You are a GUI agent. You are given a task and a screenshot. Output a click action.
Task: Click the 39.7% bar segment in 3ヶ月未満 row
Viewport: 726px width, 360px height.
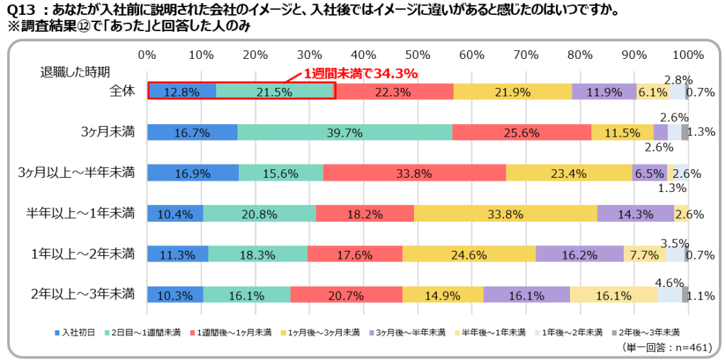pos(345,132)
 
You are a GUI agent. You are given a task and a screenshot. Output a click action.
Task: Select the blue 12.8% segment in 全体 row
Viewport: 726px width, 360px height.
pos(181,91)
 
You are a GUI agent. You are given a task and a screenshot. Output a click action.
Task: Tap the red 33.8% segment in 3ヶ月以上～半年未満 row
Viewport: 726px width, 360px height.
pos(414,173)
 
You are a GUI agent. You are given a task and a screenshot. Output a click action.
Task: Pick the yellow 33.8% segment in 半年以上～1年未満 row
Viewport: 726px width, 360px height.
pos(506,213)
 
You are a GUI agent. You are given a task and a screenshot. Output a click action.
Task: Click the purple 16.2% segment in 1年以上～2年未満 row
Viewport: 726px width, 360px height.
pos(579,254)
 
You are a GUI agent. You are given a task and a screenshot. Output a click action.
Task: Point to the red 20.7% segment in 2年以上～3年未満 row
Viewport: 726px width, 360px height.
pos(346,294)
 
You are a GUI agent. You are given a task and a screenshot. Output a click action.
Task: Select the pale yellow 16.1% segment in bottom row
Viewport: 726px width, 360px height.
pos(613,294)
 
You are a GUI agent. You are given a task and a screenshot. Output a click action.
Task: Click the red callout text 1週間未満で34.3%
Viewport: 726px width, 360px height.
pos(360,73)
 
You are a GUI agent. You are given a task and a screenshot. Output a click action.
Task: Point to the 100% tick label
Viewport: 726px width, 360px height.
pos(688,55)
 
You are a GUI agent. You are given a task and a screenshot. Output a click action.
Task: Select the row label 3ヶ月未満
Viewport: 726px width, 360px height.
pos(107,132)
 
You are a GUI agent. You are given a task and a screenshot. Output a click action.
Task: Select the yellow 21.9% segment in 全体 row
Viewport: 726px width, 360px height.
pos(513,91)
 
